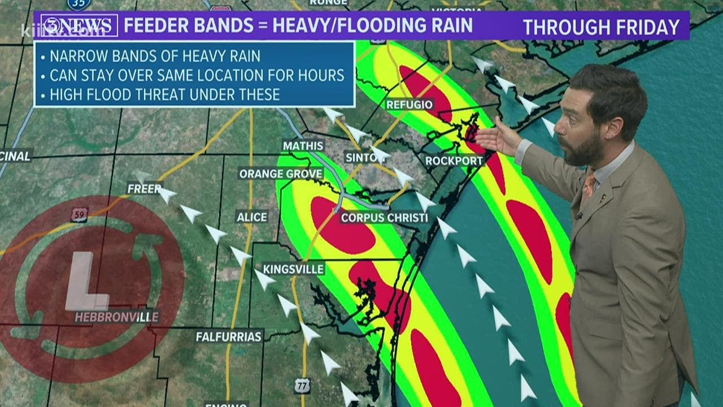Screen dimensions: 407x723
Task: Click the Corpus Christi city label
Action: [384, 218]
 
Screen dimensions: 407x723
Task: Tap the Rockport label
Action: [455, 161]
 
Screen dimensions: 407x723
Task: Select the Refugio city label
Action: [410, 105]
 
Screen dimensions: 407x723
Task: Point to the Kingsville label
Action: [294, 269]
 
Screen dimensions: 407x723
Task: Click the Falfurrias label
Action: [229, 337]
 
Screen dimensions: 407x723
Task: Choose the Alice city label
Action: [252, 217]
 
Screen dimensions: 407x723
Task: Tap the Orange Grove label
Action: [280, 174]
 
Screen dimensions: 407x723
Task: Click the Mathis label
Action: [303, 146]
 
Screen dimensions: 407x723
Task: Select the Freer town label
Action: [145, 189]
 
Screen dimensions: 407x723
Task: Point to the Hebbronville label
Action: [117, 317]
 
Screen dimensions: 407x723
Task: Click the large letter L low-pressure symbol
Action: [85, 282]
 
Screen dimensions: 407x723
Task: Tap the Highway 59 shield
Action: [80, 214]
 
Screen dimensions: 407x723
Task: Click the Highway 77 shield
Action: [302, 386]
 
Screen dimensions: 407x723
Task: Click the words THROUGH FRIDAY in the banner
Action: [600, 27]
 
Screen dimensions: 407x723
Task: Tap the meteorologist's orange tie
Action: [589, 187]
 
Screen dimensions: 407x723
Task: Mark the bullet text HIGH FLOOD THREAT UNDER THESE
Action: [164, 94]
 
